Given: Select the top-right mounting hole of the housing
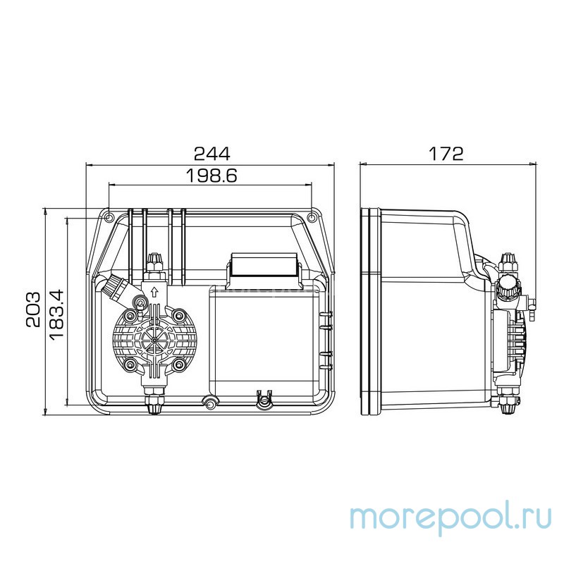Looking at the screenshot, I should pyautogui.click(x=312, y=212).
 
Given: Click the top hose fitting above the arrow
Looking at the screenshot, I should pyautogui.click(x=153, y=265).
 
